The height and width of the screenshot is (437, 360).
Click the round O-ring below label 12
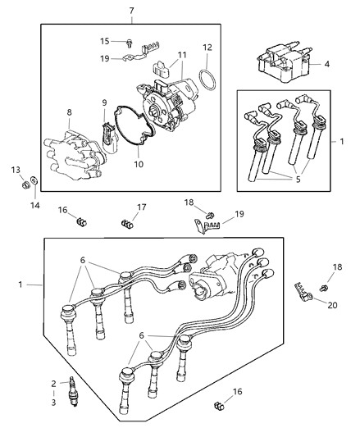tap(209, 83)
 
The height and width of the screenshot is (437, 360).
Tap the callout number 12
tap(207, 47)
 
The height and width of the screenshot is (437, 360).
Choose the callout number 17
tap(141, 207)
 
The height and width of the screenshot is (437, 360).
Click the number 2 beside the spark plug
tap(53, 384)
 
